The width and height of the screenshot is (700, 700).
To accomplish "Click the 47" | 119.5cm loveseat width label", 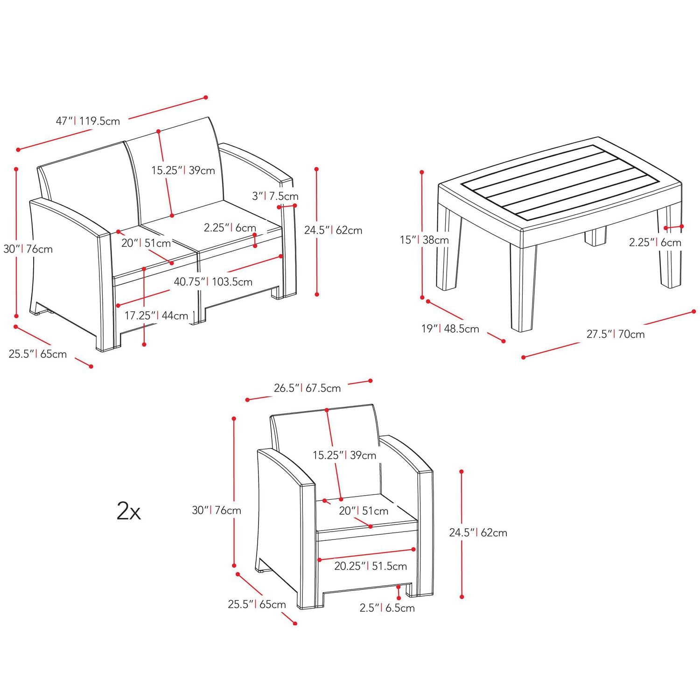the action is coord(88,121).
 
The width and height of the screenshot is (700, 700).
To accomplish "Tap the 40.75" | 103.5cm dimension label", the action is coord(213,282).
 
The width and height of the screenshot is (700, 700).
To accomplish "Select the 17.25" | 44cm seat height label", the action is coord(156,315).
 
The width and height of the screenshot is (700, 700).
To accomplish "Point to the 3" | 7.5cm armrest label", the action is coord(275,196).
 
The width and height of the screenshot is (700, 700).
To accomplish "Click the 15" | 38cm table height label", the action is coord(424,240).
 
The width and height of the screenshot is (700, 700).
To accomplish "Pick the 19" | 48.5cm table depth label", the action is coord(450,329).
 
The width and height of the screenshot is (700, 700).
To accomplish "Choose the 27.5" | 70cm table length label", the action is coord(616,334).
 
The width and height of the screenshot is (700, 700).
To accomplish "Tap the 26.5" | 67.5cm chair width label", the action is coord(307,388).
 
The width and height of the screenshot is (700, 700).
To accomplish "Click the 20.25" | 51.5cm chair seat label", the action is coord(371,566).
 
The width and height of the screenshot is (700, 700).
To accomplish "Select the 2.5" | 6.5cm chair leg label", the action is coord(387,608).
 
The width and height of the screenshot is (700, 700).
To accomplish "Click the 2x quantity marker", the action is coord(128,511).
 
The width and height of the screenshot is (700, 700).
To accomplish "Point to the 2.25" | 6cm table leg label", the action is coord(655,243).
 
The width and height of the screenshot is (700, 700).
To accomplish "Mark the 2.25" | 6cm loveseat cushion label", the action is coord(230,228).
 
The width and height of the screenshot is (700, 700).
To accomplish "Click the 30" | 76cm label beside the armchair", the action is coord(217,511).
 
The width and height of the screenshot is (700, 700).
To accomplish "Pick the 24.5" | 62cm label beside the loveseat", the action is coord(333,230).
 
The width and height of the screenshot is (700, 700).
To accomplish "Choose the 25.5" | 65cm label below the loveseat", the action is coord(37,354).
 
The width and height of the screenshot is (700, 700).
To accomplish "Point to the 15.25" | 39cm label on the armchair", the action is coord(344,455).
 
